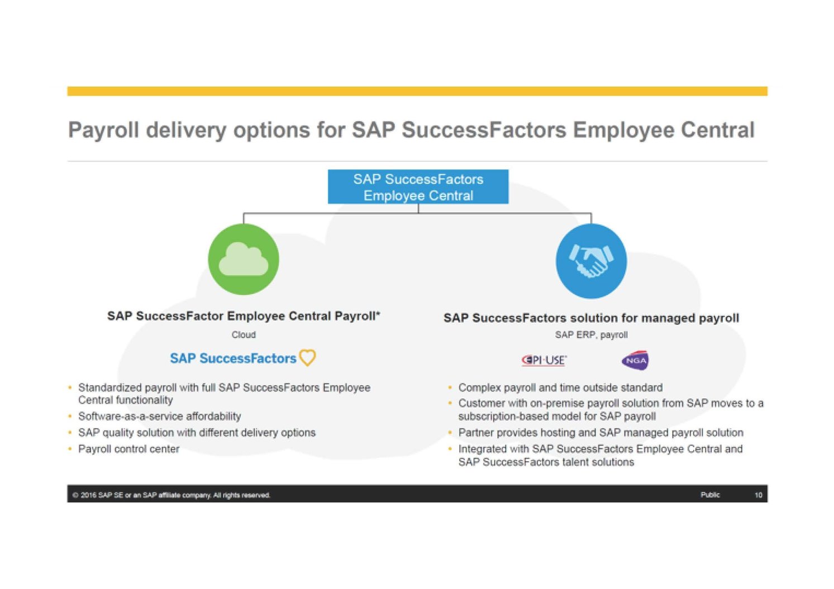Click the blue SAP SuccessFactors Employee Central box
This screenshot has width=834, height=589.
(x=418, y=187)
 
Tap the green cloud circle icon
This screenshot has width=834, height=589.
(x=244, y=259)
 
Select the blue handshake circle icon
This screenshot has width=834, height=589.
(x=591, y=261)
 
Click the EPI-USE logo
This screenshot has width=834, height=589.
(x=544, y=360)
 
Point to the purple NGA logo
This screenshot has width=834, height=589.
(x=635, y=360)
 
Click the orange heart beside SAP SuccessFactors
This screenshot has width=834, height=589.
(x=308, y=357)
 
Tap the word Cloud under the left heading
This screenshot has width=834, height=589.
(x=244, y=334)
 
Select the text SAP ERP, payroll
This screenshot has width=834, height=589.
(x=591, y=334)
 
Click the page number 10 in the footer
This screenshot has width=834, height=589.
(x=758, y=495)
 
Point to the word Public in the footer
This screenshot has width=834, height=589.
(x=710, y=495)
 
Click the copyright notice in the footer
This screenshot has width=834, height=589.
(x=171, y=495)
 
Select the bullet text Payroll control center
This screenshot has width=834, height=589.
(x=128, y=449)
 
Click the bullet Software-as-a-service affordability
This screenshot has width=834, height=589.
(x=159, y=416)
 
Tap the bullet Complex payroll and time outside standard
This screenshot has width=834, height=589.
(x=560, y=387)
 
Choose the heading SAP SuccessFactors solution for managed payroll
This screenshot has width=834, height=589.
(x=591, y=318)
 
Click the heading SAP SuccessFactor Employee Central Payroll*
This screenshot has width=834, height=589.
(x=244, y=316)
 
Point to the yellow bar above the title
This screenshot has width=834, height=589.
(x=417, y=91)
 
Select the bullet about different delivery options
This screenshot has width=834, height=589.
(x=197, y=433)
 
